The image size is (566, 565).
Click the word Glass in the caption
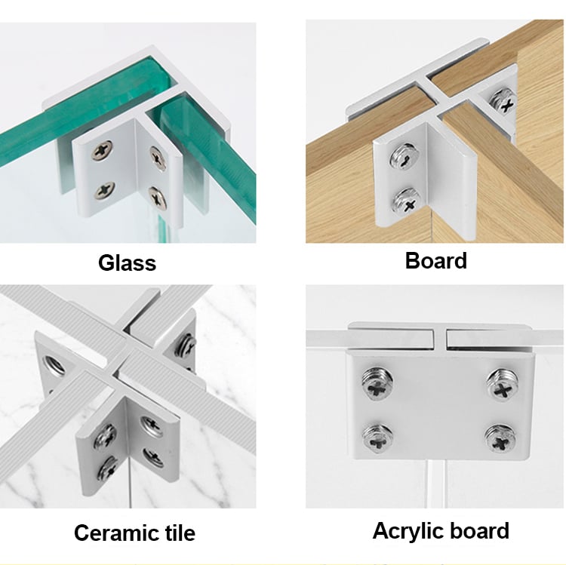coord(127,263)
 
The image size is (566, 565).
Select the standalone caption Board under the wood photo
coord(436,261)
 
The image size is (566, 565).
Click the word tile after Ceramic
coord(177,533)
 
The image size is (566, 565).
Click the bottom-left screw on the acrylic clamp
coord(377,436)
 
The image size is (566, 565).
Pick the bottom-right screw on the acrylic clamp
coord(500,437)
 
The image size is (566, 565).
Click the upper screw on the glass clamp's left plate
coord(103,152)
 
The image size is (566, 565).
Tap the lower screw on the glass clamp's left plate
coord(104,191)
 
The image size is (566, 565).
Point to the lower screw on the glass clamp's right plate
coord(158,198)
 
